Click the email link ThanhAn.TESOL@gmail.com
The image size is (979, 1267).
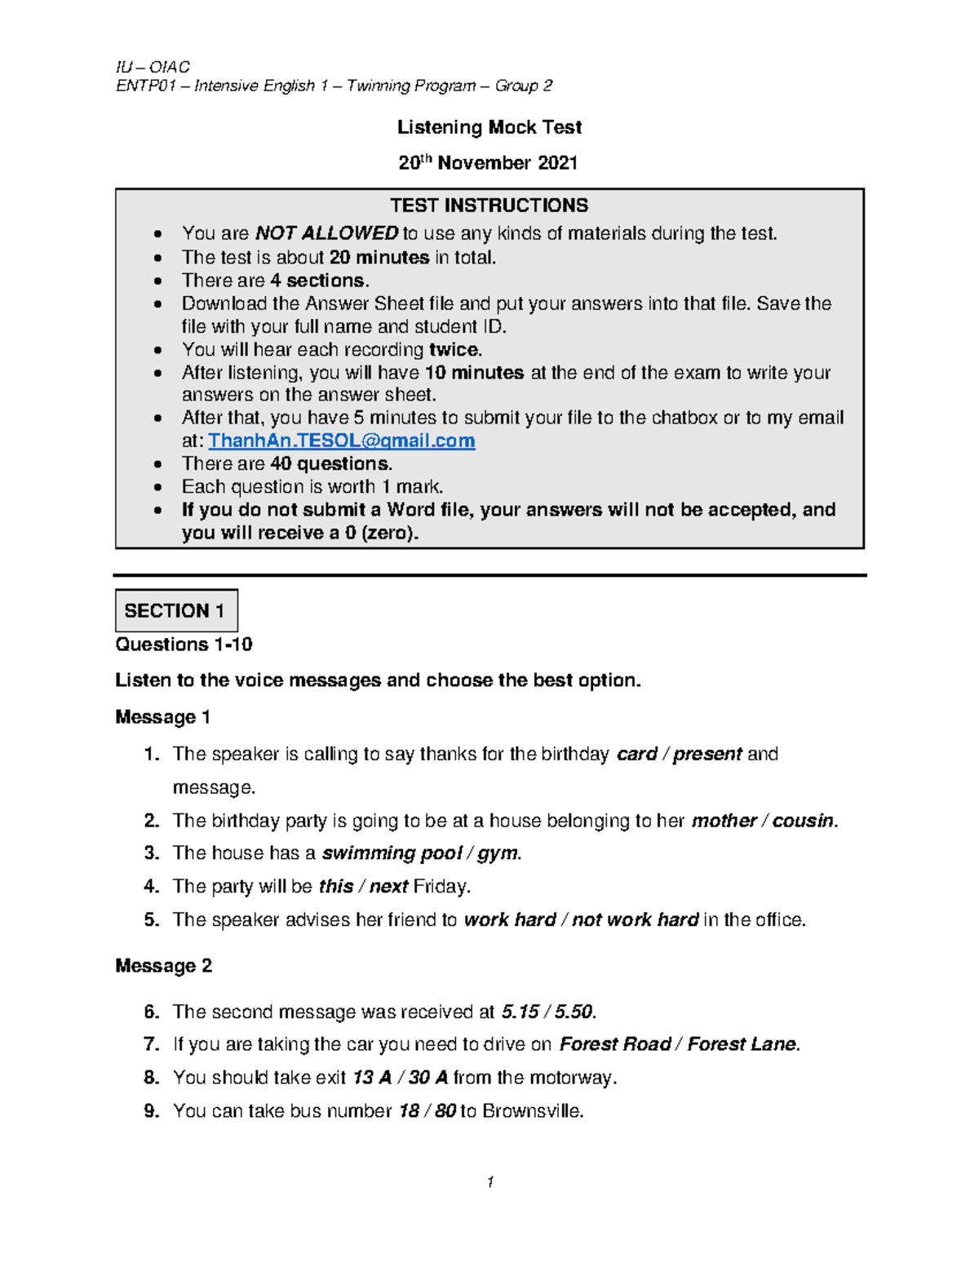[341, 441]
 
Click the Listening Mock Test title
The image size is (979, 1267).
[489, 127]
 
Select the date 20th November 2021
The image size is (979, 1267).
[488, 163]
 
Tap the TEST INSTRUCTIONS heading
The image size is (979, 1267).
[489, 206]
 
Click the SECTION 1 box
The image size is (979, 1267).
[176, 610]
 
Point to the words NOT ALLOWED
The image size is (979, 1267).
[326, 234]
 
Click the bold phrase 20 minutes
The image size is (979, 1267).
[379, 258]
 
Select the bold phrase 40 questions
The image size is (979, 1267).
[331, 464]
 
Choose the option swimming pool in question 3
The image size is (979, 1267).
[392, 853]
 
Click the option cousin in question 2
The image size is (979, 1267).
[803, 821]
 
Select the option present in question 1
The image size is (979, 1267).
[707, 754]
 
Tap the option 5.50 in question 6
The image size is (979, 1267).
[574, 1012]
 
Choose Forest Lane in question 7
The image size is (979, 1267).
[741, 1044]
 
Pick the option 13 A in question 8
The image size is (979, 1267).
[372, 1078]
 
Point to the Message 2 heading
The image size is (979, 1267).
[163, 966]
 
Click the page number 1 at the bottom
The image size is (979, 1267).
[489, 1182]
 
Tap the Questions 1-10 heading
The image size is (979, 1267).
[184, 645]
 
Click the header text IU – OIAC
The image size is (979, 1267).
[153, 67]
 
